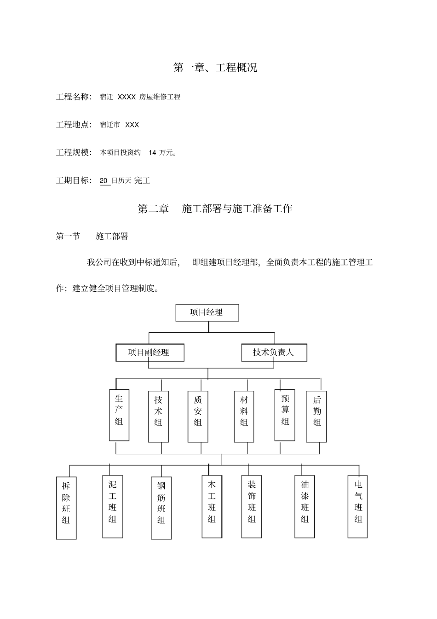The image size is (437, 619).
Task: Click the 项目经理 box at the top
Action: coord(207,312)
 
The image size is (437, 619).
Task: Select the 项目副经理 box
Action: coord(150,353)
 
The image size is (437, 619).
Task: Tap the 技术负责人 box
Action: coord(274,353)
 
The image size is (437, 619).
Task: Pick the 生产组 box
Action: coord(119,415)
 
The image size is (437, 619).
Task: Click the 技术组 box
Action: coord(158,417)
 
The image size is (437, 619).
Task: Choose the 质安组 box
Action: coord(198,417)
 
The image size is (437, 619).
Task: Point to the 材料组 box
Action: coord(244,417)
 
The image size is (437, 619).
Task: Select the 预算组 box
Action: coord(285,415)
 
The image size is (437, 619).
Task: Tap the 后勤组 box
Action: coord(316,417)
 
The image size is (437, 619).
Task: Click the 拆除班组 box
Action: coord(66,508)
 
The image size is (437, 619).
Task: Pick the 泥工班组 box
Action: coord(113,506)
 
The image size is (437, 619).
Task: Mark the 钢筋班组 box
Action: coord(161,508)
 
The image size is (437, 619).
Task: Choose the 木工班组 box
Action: coord(212,506)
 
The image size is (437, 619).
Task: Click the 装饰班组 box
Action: coord(252,506)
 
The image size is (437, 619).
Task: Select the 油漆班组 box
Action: coord(305,506)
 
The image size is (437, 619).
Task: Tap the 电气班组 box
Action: coord(358,506)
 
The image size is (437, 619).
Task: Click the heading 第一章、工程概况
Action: coord(215,68)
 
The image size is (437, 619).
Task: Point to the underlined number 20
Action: coord(104,181)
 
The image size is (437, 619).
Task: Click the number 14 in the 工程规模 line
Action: coord(152,153)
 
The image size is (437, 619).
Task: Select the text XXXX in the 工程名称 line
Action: coord(126,97)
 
